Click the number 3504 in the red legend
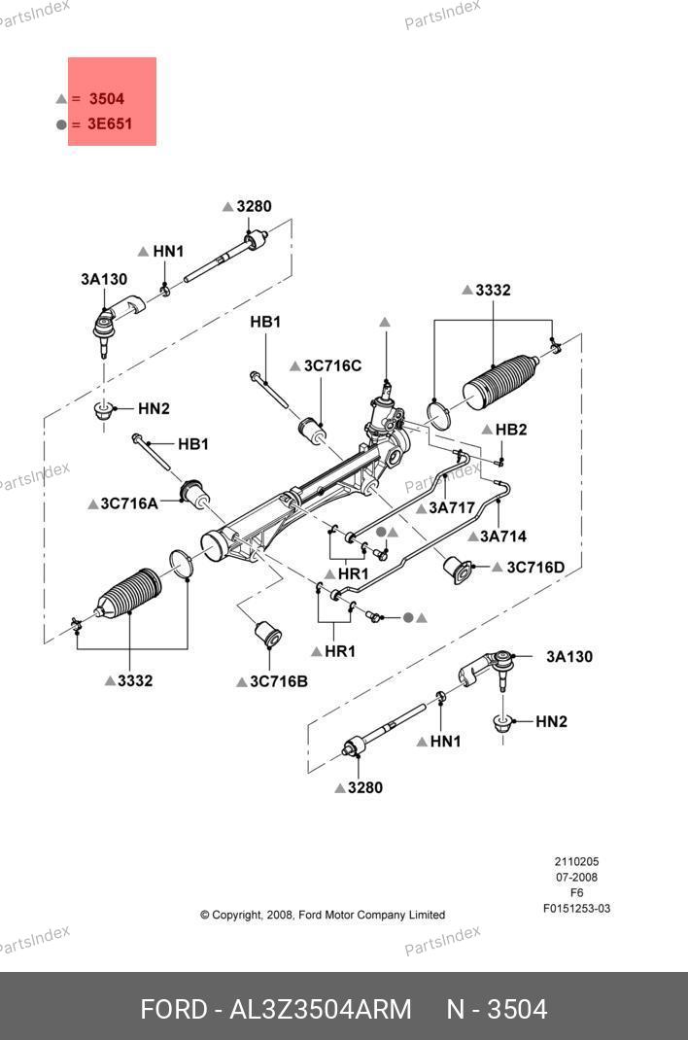106,99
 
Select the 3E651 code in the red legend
110,124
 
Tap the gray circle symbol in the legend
61,124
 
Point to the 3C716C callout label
332,366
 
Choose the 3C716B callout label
278,681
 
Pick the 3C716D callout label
535,567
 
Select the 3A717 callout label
451,507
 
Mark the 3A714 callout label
503,537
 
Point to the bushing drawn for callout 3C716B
267,634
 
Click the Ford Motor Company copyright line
323,915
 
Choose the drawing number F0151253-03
576,909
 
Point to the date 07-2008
576,878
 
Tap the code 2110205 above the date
576,862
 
